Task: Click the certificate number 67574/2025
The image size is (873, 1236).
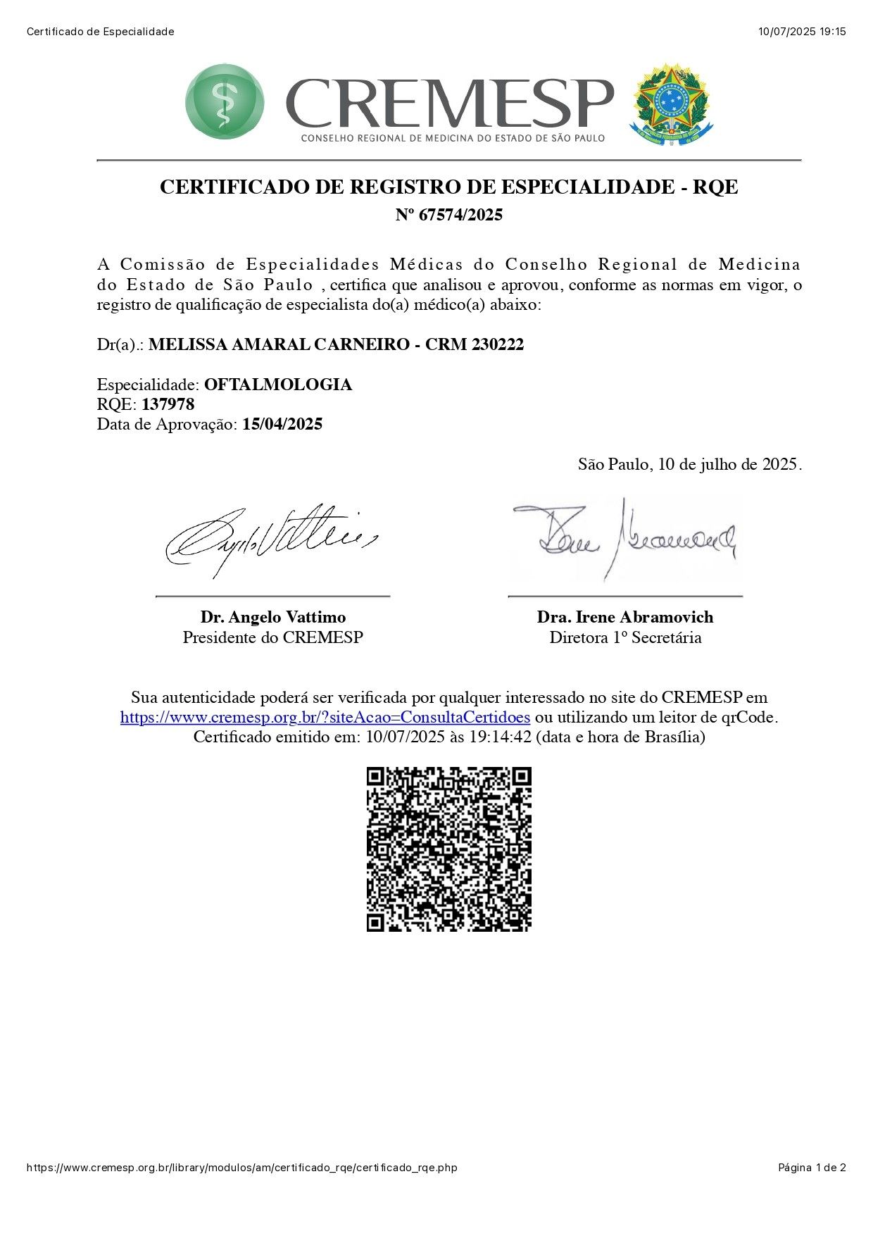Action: [x=460, y=215]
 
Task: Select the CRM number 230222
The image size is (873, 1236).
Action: [x=497, y=344]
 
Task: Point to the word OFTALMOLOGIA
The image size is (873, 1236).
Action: [x=277, y=385]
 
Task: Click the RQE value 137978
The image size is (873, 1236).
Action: [x=168, y=404]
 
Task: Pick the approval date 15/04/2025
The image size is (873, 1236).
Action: [x=282, y=424]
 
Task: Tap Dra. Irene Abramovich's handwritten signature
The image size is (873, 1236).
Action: [x=624, y=539]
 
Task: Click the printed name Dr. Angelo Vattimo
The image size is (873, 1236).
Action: [x=273, y=617]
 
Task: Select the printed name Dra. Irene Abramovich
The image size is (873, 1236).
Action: [x=625, y=617]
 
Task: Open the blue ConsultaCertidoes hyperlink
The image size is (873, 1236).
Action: [x=325, y=718]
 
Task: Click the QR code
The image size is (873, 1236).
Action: [x=448, y=849]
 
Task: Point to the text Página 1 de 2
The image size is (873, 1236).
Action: [x=812, y=1168]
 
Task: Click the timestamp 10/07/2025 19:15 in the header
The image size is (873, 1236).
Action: [x=802, y=32]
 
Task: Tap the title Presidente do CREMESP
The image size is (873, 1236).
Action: [x=273, y=637]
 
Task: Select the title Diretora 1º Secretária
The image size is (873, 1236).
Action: [x=625, y=637]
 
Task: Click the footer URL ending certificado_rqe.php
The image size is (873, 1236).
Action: [x=241, y=1168]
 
